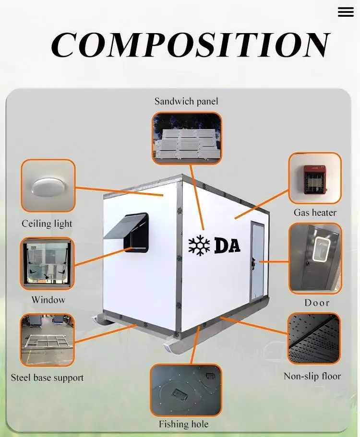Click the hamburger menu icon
346,12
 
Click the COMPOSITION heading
190,46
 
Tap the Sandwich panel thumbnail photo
187,139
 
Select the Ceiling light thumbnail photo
48,186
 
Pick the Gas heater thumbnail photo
315,178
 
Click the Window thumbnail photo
47,264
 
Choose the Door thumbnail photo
315,258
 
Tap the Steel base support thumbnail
47,340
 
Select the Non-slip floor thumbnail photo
314,338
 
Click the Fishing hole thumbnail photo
186,390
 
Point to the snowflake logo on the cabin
199,245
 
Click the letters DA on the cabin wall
227,245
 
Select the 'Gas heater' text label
315,213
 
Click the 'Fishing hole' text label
184,425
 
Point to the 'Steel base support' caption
47,378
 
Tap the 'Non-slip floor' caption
312,376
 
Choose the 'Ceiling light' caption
47,224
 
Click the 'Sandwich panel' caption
186,101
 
